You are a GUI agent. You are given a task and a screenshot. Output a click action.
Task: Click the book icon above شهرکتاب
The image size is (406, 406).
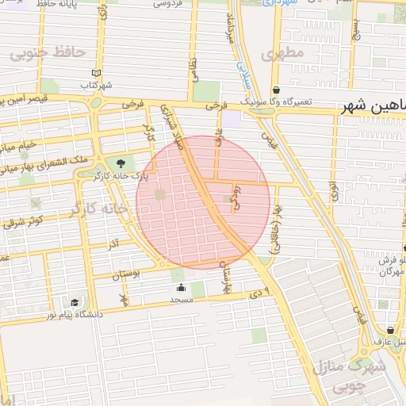coord(97,72)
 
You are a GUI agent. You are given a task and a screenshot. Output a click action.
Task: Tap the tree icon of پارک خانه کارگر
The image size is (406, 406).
coord(120,163)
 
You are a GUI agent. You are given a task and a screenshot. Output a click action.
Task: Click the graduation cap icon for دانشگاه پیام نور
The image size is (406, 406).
coord(75,302)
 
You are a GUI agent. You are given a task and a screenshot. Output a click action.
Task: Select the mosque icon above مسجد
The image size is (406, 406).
coord(182,288)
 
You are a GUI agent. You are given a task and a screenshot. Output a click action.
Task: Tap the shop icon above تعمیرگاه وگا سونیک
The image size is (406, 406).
coord(276,90)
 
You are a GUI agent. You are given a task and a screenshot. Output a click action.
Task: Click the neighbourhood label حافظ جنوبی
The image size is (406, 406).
coord(47,53)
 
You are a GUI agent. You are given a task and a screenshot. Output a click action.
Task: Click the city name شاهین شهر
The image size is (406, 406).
coord(376,106)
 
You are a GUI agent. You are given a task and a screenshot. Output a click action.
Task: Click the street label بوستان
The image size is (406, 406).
coord(125,274)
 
